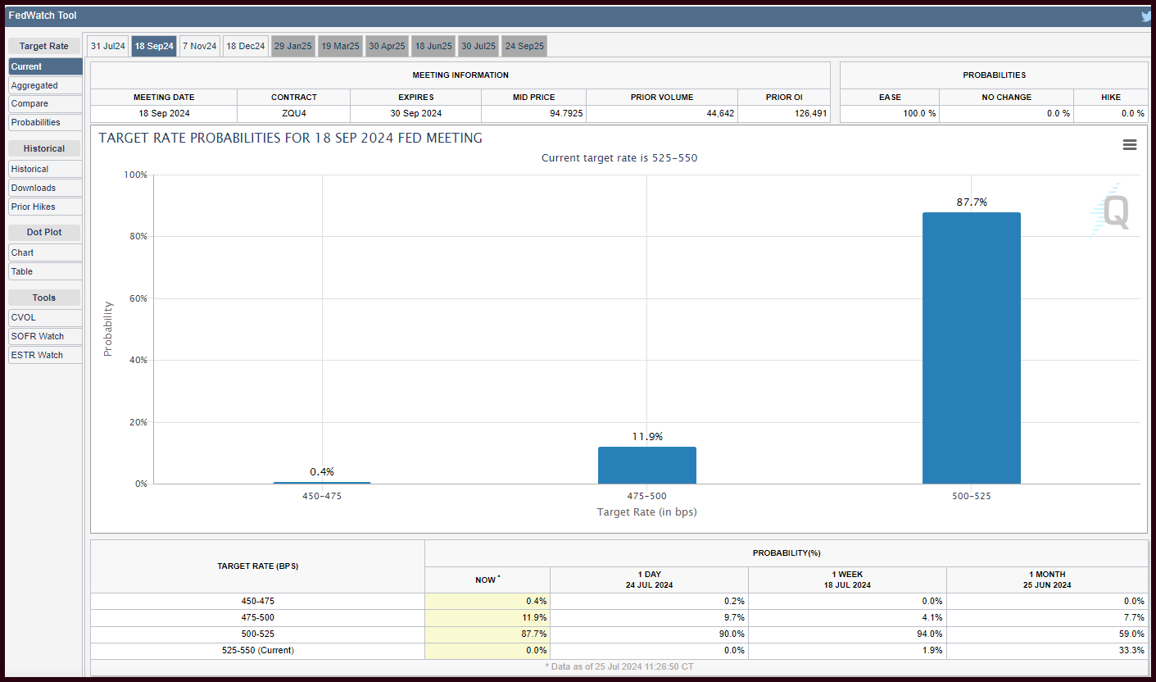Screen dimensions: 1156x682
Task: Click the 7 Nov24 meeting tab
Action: point(200,46)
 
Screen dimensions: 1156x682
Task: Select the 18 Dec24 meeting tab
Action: point(245,46)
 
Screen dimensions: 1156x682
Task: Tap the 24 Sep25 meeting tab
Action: point(524,46)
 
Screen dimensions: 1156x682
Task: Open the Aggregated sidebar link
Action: point(45,85)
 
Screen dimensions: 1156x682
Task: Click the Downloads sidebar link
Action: point(45,188)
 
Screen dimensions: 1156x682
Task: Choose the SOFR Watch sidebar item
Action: point(45,336)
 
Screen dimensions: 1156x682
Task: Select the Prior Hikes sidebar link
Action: point(45,207)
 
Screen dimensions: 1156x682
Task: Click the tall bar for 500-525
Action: point(971,348)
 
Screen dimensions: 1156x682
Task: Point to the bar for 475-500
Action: point(647,465)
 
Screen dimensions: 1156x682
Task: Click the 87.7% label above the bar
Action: point(972,202)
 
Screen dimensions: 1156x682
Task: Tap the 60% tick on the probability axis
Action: point(138,298)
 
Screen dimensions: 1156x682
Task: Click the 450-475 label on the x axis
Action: point(322,496)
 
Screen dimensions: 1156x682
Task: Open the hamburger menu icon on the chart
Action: point(1130,144)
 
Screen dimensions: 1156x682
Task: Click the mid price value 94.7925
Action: point(566,113)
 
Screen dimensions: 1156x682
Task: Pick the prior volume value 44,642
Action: point(720,113)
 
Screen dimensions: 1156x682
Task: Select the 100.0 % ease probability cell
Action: point(919,113)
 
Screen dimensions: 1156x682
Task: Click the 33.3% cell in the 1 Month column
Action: point(1131,650)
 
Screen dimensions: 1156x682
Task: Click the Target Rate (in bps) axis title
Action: point(646,511)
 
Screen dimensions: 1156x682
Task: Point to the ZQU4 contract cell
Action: point(293,113)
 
